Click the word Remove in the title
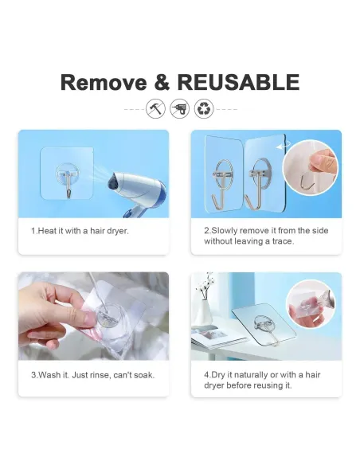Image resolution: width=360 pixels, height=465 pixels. tap(104, 82)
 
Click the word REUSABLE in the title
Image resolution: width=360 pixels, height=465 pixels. tap(238, 82)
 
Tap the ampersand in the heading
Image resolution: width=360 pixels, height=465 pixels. tap(162, 82)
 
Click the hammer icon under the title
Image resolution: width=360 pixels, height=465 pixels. tap(155, 109)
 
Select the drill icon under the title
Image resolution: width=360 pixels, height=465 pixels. tap(179, 109)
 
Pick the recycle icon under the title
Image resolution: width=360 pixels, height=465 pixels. tap(204, 109)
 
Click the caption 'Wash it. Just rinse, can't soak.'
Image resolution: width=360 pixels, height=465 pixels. tap(92, 374)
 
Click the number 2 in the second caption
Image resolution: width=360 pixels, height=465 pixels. tap(206, 231)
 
